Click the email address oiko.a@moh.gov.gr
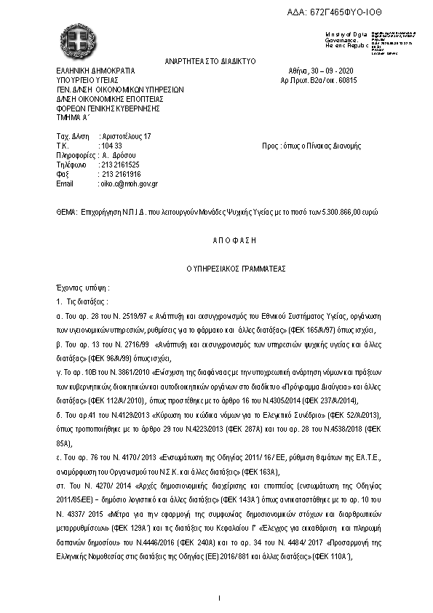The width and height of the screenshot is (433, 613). (130, 183)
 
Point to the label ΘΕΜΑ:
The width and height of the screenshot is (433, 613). (66, 211)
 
